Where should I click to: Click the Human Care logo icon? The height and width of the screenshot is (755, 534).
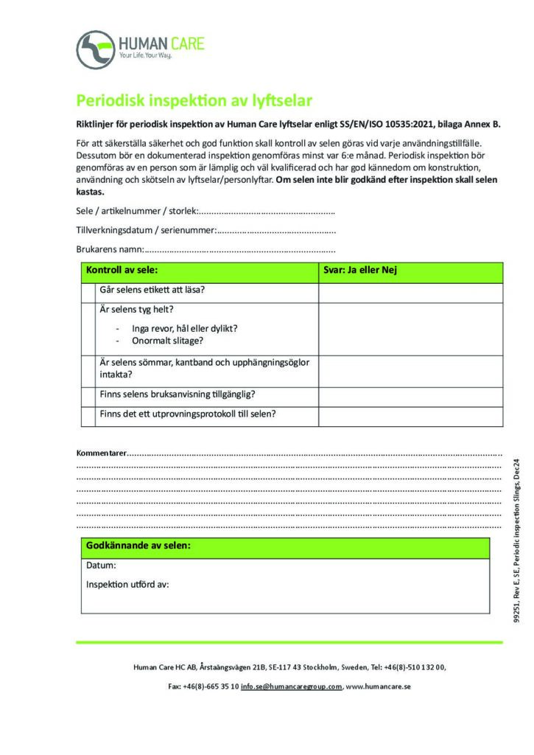point(96,49)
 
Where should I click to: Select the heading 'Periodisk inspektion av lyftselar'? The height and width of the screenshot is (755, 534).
point(195,100)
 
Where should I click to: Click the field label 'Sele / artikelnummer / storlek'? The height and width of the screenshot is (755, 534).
point(137,212)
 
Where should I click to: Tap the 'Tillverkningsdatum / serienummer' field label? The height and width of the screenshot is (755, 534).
point(146,231)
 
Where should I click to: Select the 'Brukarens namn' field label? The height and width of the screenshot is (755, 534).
point(110,249)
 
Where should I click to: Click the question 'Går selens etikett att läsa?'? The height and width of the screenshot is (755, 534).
point(152,290)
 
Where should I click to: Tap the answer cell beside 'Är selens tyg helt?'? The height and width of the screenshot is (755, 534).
point(410,329)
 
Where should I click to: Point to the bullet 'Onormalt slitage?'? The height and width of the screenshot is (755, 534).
point(167,341)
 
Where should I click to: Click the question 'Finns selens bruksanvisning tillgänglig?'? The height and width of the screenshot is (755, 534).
point(178,394)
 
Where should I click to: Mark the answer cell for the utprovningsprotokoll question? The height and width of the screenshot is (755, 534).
point(410,414)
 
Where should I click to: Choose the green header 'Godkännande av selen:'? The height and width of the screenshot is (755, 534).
point(138,546)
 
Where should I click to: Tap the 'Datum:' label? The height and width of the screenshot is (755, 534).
point(101,566)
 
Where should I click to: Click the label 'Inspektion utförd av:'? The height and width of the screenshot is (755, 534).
point(127,584)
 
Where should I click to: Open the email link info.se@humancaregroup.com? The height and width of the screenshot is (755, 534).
point(291,686)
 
